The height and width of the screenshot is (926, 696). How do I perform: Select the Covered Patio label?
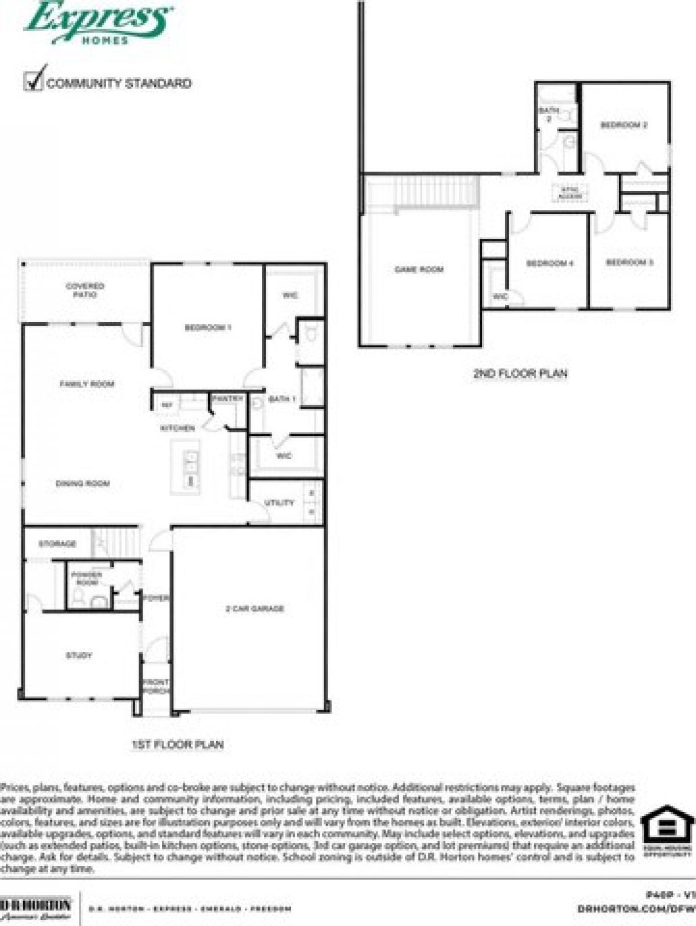point(85,290)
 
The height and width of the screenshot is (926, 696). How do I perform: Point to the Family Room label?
point(87,384)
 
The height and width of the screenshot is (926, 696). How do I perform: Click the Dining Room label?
point(82,483)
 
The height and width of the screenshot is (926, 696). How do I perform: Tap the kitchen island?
point(185,467)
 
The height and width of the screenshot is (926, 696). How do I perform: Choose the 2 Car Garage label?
point(254,608)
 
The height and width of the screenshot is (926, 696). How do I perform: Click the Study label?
point(79,655)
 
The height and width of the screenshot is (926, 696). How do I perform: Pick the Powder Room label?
point(87,578)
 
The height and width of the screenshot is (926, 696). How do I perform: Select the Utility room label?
point(279,503)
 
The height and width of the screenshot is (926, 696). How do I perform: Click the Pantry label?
point(227,399)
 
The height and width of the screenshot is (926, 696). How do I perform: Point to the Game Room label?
point(419,269)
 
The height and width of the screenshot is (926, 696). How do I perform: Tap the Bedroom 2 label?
point(623,125)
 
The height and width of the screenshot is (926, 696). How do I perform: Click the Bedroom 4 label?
point(549,263)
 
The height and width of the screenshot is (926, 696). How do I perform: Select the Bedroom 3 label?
point(629,262)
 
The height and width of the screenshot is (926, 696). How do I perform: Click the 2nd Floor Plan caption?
point(520,373)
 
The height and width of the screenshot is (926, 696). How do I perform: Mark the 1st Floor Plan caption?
point(177,744)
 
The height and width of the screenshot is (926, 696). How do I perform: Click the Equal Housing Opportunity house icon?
point(667,824)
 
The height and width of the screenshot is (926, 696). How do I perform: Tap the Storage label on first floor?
point(57,544)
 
